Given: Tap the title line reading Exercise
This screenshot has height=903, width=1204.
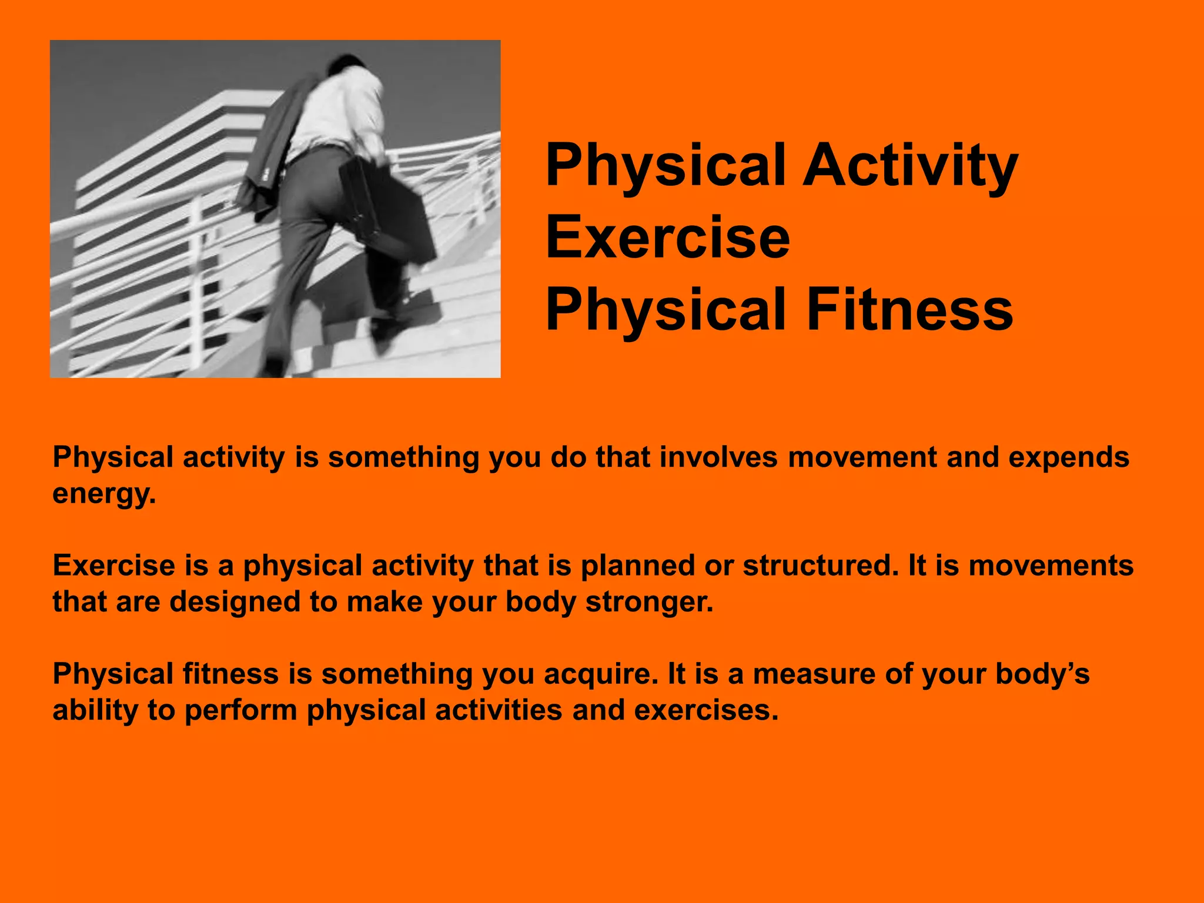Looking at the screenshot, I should point(668,238).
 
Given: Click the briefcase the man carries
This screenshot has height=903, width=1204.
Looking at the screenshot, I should point(388,212).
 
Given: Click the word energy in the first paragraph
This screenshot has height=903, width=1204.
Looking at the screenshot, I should point(103,494).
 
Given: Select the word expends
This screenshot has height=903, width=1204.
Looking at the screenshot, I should point(1069,457).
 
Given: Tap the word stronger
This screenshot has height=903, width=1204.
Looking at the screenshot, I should point(649,602).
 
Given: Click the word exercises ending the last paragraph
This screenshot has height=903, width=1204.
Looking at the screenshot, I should point(705,710).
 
